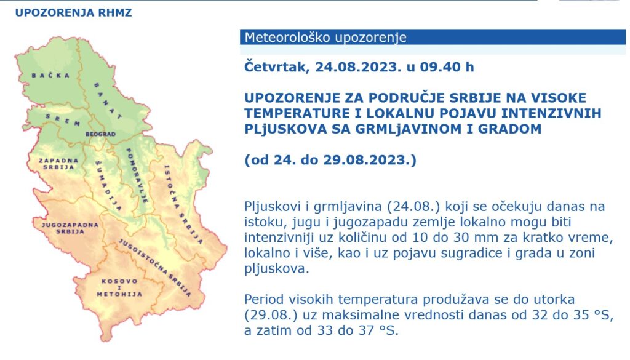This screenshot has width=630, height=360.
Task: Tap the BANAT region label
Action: point(108,99)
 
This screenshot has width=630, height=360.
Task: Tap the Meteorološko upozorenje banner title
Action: point(325,38)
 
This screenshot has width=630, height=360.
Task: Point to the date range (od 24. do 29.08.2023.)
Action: point(330,161)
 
